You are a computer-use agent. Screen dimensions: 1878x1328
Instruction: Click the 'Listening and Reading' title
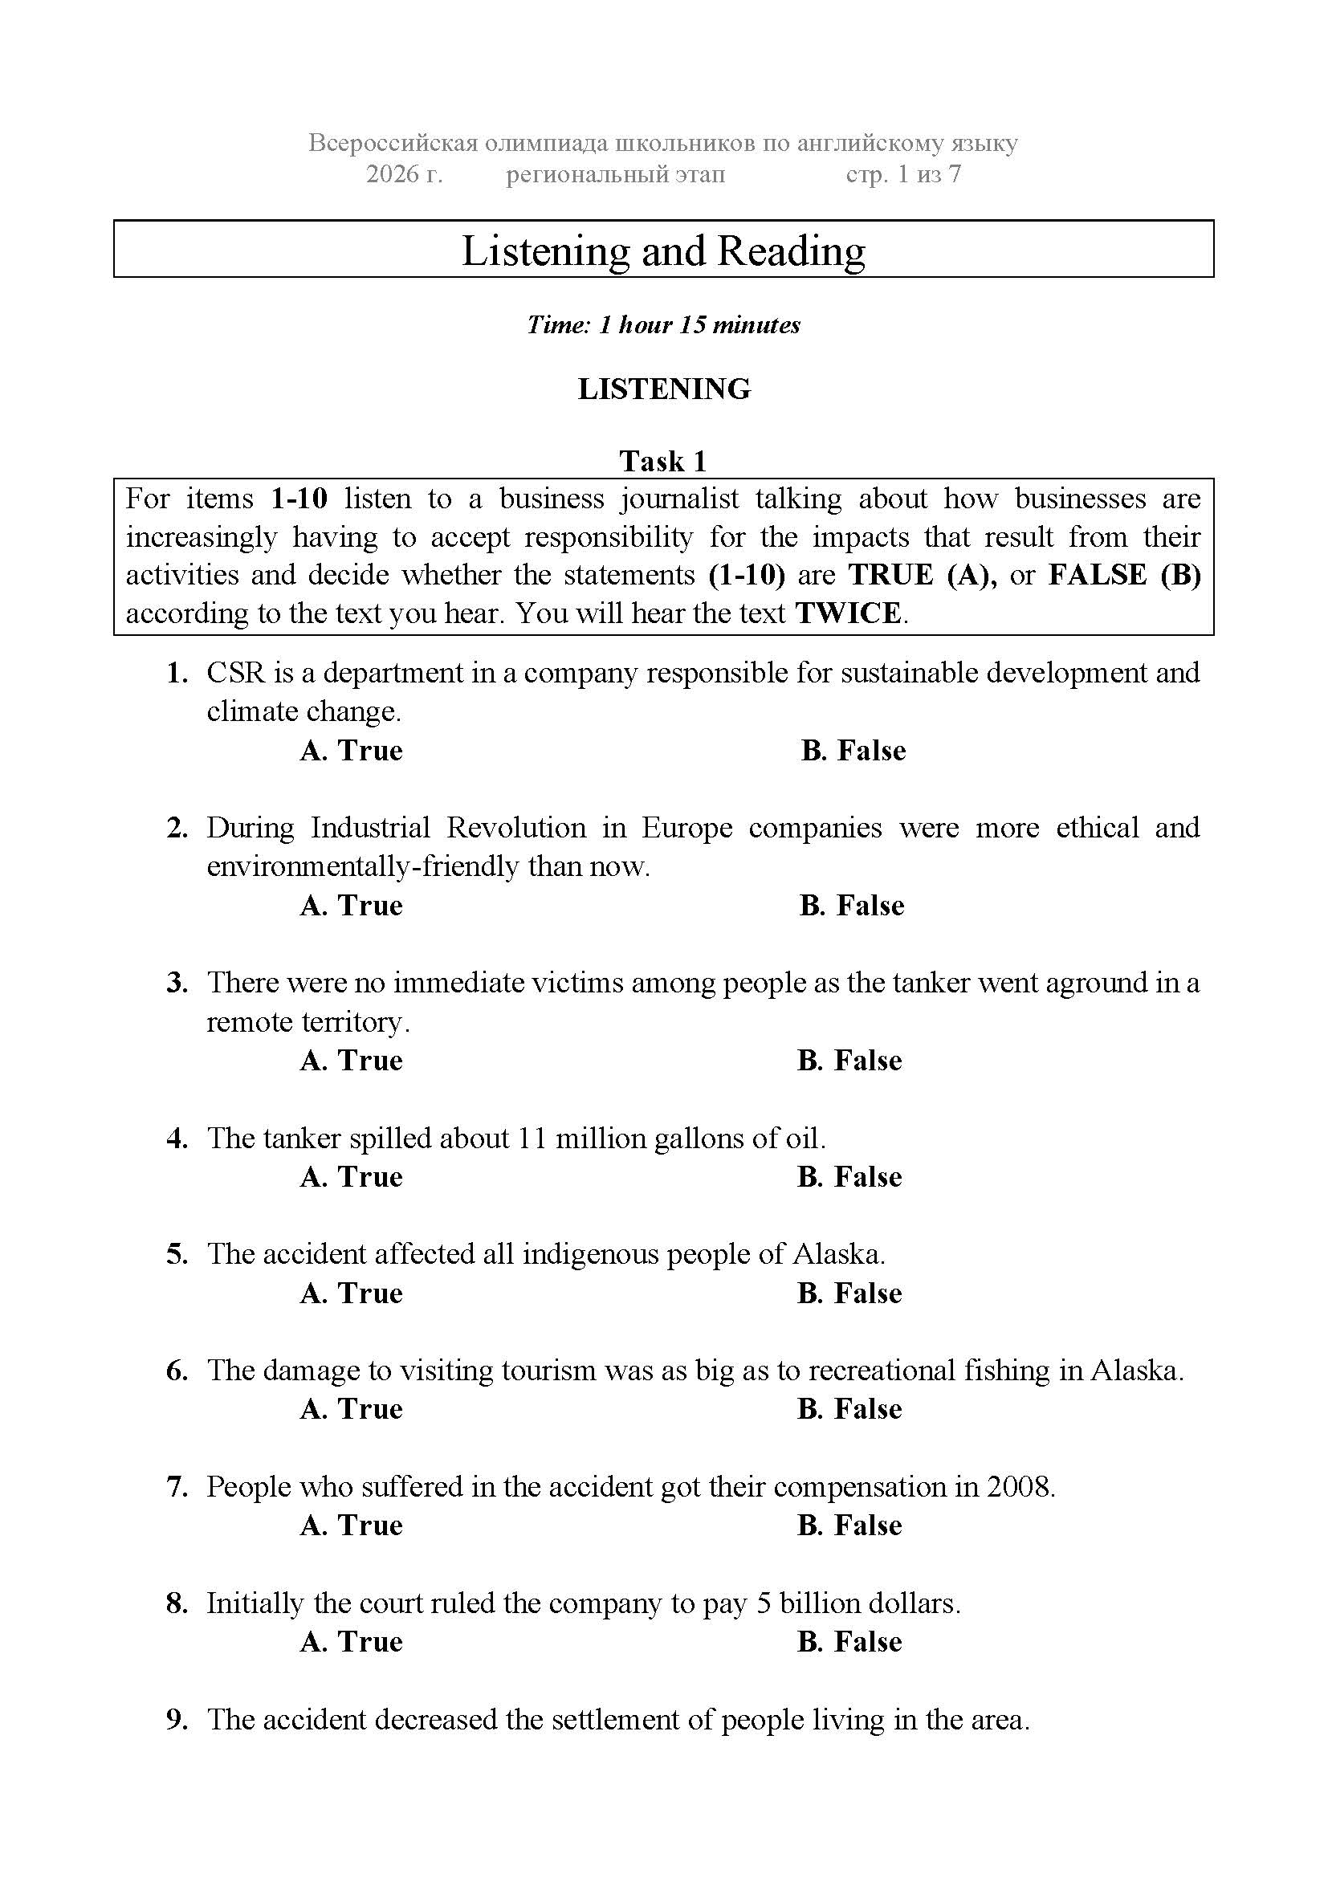coord(663,251)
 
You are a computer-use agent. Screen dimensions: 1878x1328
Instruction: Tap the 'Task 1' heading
coord(663,462)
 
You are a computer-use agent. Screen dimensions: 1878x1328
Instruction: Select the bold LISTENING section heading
coord(664,389)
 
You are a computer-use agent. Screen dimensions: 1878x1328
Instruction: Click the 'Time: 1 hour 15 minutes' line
coord(663,324)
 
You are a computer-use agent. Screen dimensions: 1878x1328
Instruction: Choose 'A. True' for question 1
coord(352,750)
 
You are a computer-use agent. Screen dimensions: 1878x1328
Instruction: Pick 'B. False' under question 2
coord(852,906)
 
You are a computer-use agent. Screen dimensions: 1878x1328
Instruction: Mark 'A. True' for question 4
coord(352,1176)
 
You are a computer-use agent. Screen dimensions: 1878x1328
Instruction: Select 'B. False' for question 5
coord(849,1293)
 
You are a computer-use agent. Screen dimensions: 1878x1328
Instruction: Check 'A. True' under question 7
coord(352,1525)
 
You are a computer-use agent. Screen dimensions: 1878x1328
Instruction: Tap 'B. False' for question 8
coord(849,1642)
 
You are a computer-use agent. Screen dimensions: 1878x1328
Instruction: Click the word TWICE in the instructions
coord(849,613)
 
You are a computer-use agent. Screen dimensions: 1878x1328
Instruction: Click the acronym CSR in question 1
coord(235,673)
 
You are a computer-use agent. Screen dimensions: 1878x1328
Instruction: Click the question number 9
coord(177,1719)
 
